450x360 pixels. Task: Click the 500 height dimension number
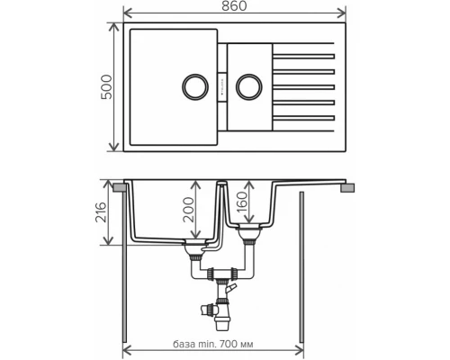click(105, 87)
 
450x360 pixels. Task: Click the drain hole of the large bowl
click(194, 87)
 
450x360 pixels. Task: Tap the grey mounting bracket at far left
click(116, 187)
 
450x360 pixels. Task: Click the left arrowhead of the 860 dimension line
click(127, 13)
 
